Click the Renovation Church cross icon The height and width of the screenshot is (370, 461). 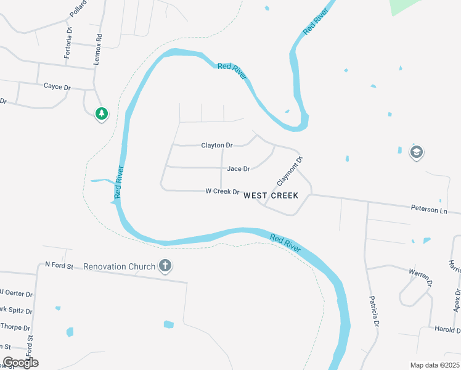click(x=165, y=266)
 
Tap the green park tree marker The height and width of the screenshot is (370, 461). click(x=102, y=113)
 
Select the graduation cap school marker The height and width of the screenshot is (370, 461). click(x=416, y=152)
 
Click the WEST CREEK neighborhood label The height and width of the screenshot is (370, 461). click(x=271, y=195)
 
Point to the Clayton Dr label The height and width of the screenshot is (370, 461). click(x=217, y=146)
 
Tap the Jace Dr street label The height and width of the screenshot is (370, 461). click(x=239, y=168)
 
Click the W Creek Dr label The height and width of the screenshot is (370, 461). click(x=222, y=192)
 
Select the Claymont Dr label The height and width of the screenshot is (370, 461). click(x=290, y=171)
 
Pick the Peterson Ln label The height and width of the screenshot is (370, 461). click(x=429, y=210)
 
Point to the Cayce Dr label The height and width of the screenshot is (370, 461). click(x=57, y=87)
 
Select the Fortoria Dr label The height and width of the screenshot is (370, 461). click(x=68, y=42)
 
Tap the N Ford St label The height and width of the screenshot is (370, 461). click(x=59, y=266)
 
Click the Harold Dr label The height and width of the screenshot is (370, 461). click(x=447, y=329)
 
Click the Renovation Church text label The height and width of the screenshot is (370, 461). click(x=120, y=266)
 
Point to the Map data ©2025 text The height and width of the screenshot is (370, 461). click(x=434, y=365)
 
